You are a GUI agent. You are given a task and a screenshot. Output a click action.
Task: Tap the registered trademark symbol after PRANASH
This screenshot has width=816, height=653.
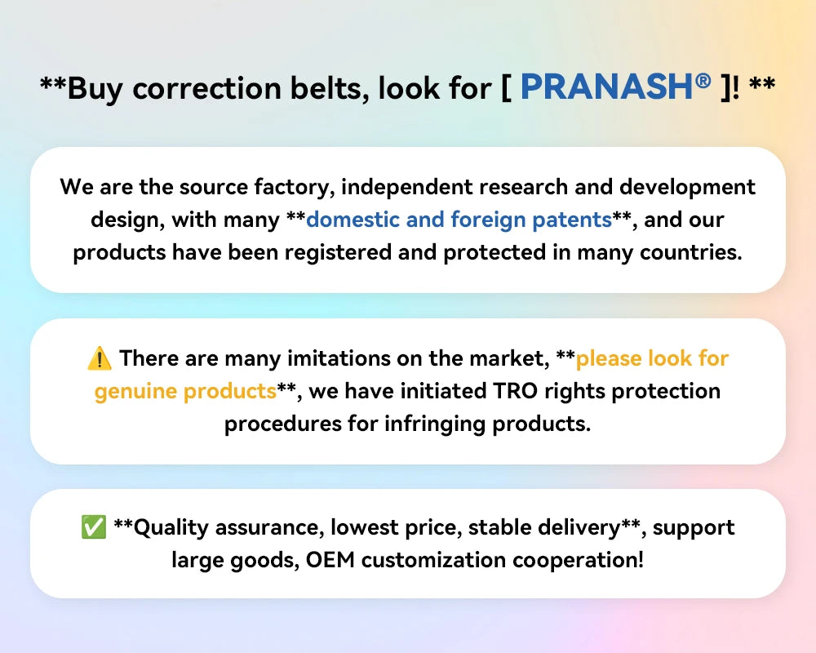pyautogui.click(x=703, y=80)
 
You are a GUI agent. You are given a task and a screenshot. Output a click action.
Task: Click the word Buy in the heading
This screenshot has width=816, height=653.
pyautogui.click(x=95, y=88)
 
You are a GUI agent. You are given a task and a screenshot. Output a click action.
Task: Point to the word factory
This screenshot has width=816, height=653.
pyautogui.click(x=294, y=188)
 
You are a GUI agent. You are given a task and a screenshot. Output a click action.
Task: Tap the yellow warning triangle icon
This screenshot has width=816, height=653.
pyautogui.click(x=100, y=359)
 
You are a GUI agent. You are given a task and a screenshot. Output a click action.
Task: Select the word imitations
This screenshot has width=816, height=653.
pyautogui.click(x=339, y=358)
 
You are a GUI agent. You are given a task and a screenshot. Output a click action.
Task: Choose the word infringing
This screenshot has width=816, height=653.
pyautogui.click(x=435, y=424)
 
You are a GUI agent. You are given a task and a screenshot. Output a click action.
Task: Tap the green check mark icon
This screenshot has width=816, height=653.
pyautogui.click(x=94, y=527)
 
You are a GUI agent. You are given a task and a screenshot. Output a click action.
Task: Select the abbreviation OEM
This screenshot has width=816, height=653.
pyautogui.click(x=330, y=560)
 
